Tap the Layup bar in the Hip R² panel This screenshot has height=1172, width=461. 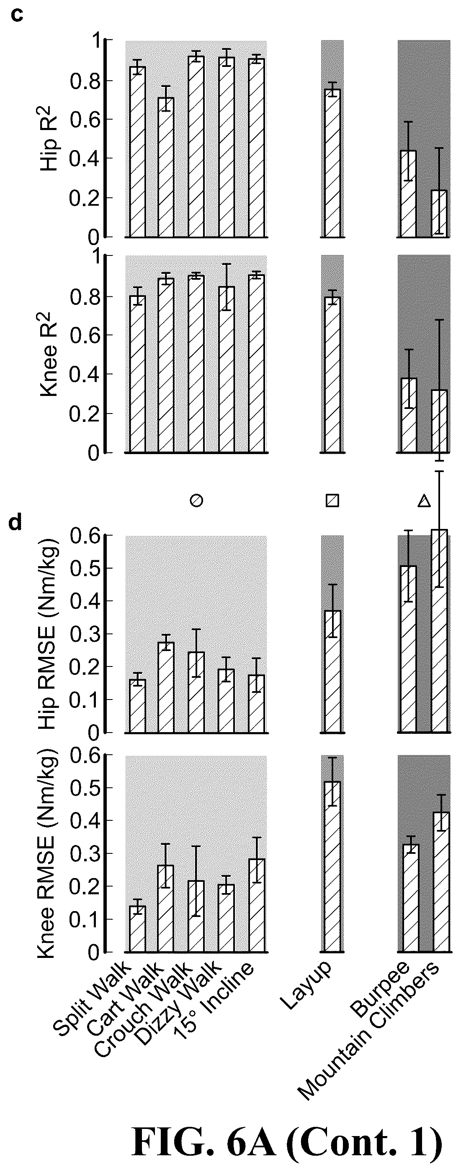click(332, 163)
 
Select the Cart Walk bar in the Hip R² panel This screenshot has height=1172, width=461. click(166, 167)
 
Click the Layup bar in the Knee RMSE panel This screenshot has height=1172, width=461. click(332, 867)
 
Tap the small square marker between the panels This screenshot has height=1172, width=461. click(332, 500)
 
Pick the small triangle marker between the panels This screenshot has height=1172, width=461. click(424, 500)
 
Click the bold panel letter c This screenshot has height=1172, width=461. click(17, 15)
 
